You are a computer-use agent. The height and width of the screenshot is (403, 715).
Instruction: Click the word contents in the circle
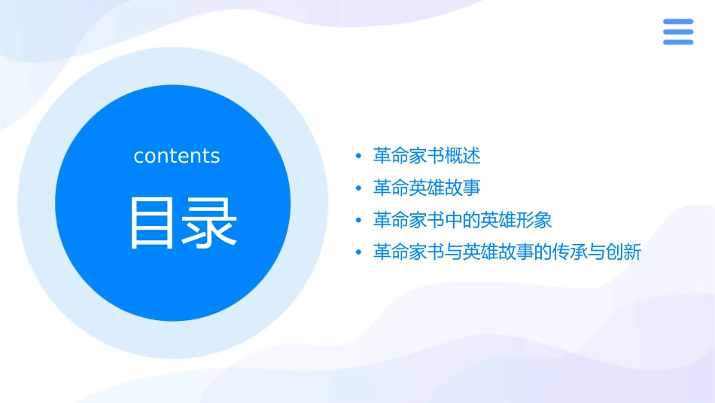click(177, 156)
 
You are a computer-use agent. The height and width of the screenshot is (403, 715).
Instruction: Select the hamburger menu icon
click(677, 32)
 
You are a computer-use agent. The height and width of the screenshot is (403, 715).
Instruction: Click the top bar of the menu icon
click(677, 21)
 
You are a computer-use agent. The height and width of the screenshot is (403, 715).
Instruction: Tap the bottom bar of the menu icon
click(677, 42)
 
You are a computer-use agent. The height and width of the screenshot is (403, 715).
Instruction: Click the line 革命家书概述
click(427, 156)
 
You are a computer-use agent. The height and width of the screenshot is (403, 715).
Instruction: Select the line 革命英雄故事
click(427, 188)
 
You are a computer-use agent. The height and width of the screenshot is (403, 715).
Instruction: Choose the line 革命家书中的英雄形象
click(463, 220)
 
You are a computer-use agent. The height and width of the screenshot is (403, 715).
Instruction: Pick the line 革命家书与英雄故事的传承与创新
click(507, 252)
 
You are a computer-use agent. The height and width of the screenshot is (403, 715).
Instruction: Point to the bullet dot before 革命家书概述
click(359, 157)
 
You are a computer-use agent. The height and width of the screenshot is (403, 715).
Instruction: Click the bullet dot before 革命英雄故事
click(359, 188)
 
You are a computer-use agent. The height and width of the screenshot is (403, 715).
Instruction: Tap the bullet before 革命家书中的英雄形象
click(359, 221)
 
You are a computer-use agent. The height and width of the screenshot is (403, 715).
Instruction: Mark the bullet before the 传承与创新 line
click(359, 253)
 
